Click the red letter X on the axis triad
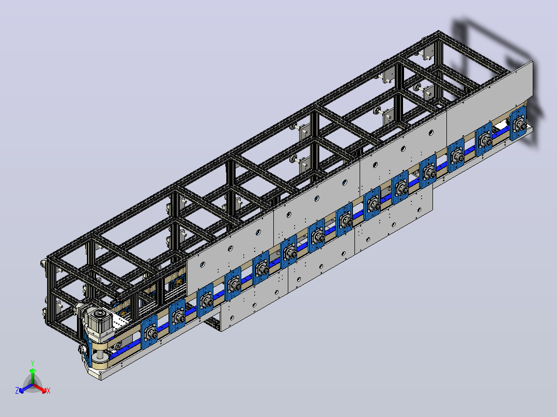tap(49, 391)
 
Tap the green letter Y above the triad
tap(33, 363)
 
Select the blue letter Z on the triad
tap(17, 391)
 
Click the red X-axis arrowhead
tap(43, 390)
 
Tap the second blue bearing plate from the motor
tap(177, 316)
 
